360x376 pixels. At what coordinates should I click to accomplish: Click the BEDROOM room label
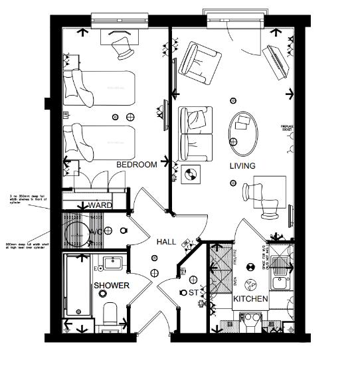[136, 164]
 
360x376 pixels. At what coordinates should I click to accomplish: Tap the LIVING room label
[243, 165]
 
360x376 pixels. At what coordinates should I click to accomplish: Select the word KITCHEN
[250, 299]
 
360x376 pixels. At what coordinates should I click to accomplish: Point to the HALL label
[166, 242]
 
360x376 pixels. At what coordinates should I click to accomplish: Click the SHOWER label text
[111, 286]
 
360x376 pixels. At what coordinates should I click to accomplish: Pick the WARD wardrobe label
[100, 206]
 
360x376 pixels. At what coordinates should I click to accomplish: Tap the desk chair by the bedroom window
[122, 47]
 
